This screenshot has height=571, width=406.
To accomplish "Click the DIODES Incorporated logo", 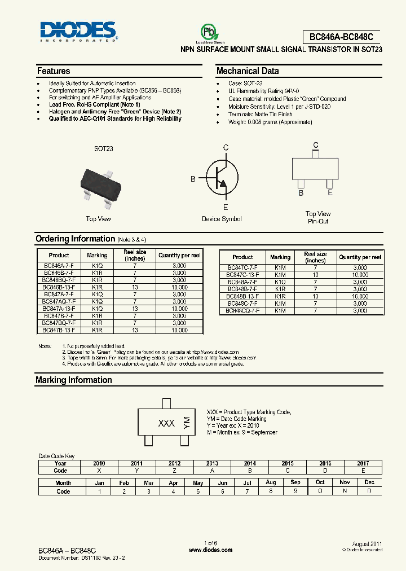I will [78, 32].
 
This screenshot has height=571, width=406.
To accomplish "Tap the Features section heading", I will [54, 71].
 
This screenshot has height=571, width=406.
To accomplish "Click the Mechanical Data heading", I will [248, 71].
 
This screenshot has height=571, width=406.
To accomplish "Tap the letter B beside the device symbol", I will [193, 179].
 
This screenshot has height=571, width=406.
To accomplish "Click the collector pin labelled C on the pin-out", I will [315, 146].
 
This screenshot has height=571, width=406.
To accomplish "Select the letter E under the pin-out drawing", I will [330, 192].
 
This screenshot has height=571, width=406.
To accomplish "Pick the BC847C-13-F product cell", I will [242, 275].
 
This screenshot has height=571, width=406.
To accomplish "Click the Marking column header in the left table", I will [97, 255].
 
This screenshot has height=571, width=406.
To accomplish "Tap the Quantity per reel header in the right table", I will [360, 257].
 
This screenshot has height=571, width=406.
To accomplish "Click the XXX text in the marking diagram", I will [166, 423].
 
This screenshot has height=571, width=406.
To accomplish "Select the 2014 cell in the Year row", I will [250, 463].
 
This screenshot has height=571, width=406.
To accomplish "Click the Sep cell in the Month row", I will [295, 483].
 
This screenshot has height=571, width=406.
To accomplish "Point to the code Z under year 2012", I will [175, 471].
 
